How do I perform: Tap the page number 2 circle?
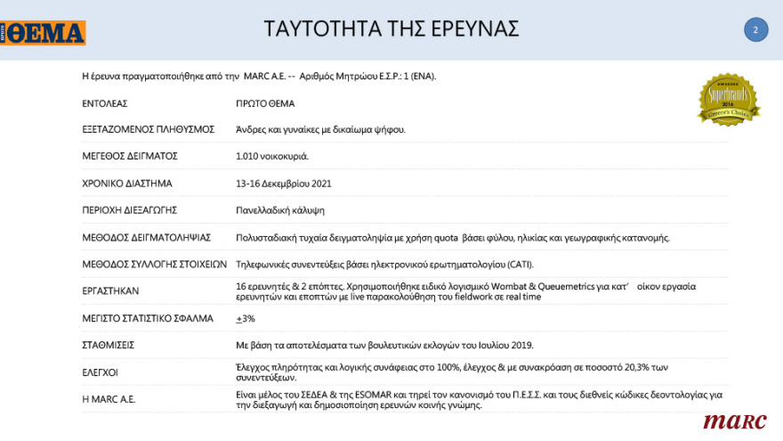point(755,29)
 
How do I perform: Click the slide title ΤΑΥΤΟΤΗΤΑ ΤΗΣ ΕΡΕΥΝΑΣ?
point(391,29)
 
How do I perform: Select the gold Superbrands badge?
point(729,99)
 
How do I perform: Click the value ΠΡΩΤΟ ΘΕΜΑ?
point(265,103)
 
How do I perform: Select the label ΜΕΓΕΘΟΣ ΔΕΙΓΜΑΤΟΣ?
point(130,156)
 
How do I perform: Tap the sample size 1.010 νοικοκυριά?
point(272,156)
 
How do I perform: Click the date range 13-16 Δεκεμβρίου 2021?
point(284,184)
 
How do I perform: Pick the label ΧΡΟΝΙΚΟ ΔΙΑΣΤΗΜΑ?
point(127,184)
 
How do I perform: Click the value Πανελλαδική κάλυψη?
point(280,210)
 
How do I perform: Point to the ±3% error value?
point(245,318)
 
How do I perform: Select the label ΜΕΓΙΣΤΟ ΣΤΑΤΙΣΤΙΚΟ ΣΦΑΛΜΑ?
point(148,318)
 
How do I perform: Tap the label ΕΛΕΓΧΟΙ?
point(100,372)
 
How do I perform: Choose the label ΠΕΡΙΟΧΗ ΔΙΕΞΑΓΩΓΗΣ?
point(130,210)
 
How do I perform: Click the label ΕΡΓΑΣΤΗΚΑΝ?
point(110,291)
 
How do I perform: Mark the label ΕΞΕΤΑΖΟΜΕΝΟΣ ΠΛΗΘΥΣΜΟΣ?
point(149,129)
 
